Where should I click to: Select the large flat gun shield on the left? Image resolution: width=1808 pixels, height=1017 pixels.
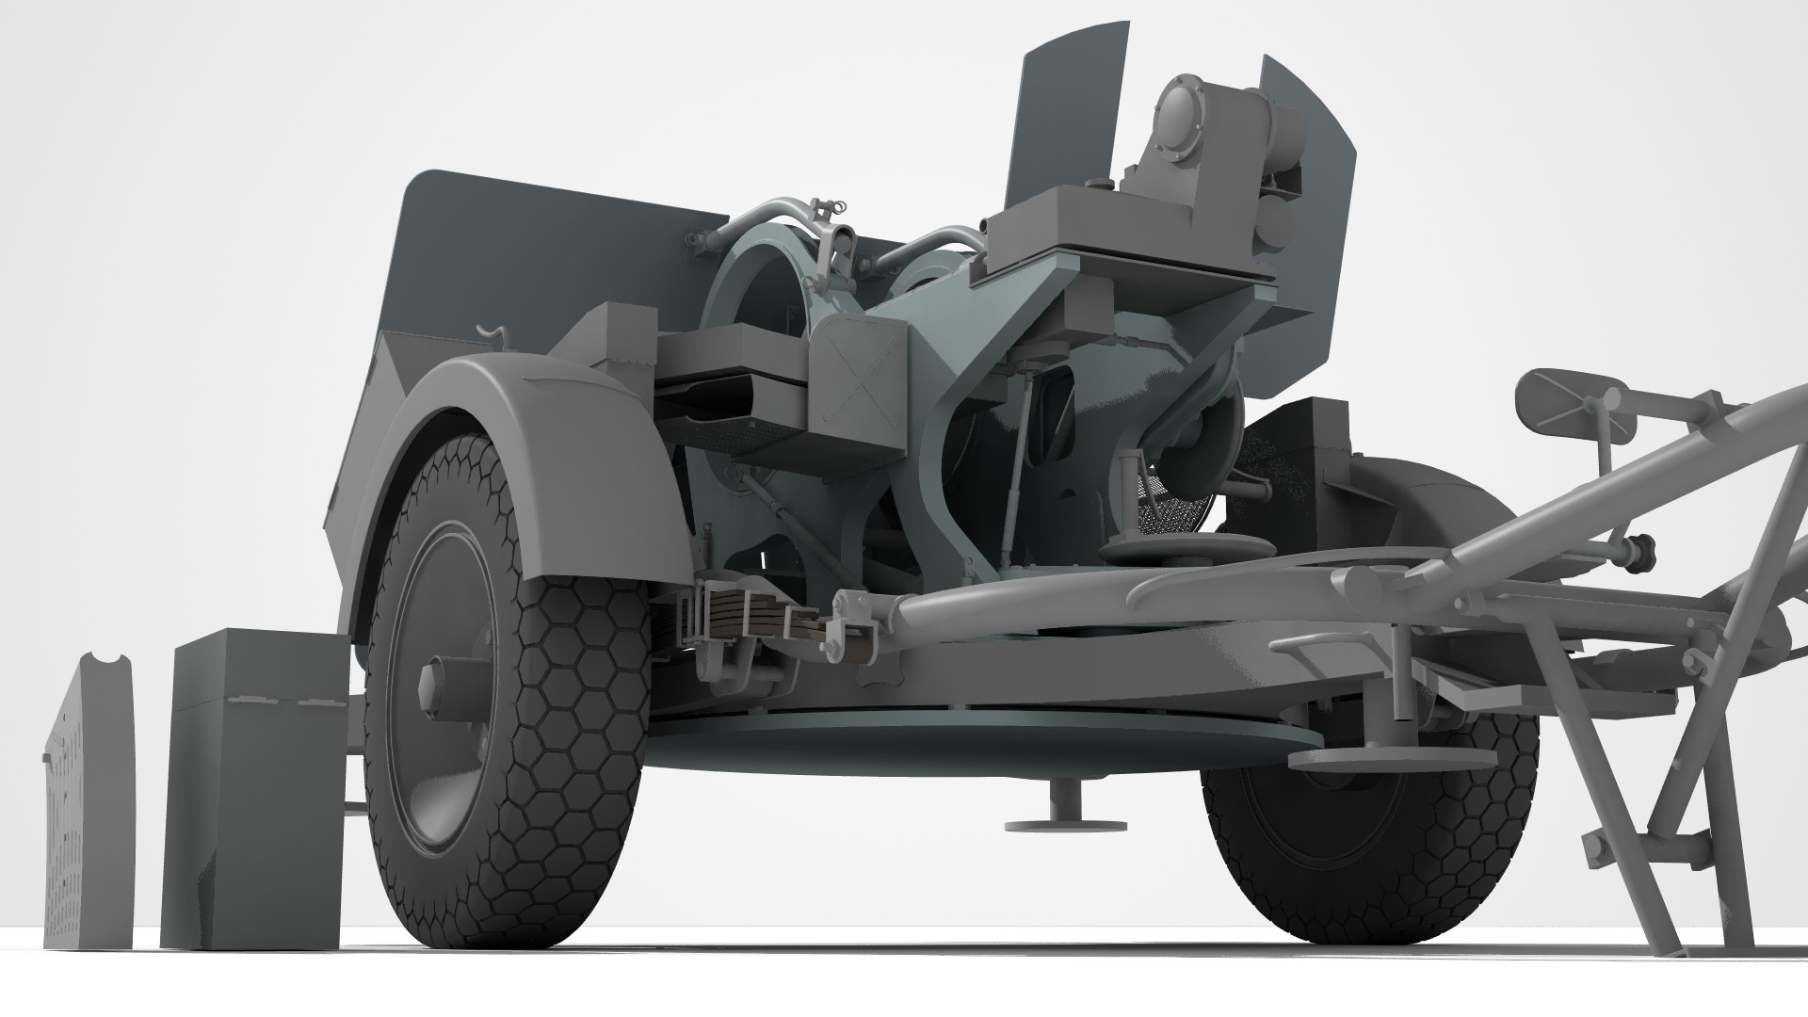tap(527, 254)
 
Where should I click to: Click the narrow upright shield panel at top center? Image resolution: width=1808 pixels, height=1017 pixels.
tap(1069, 113)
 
